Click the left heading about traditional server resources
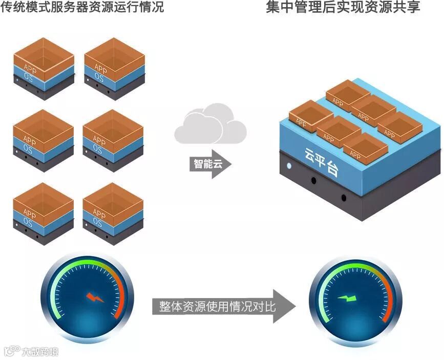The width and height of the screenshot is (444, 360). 82,9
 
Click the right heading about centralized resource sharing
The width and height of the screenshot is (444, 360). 343,9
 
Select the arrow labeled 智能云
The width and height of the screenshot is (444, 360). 210,164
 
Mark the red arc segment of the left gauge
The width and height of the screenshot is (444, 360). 121,294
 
